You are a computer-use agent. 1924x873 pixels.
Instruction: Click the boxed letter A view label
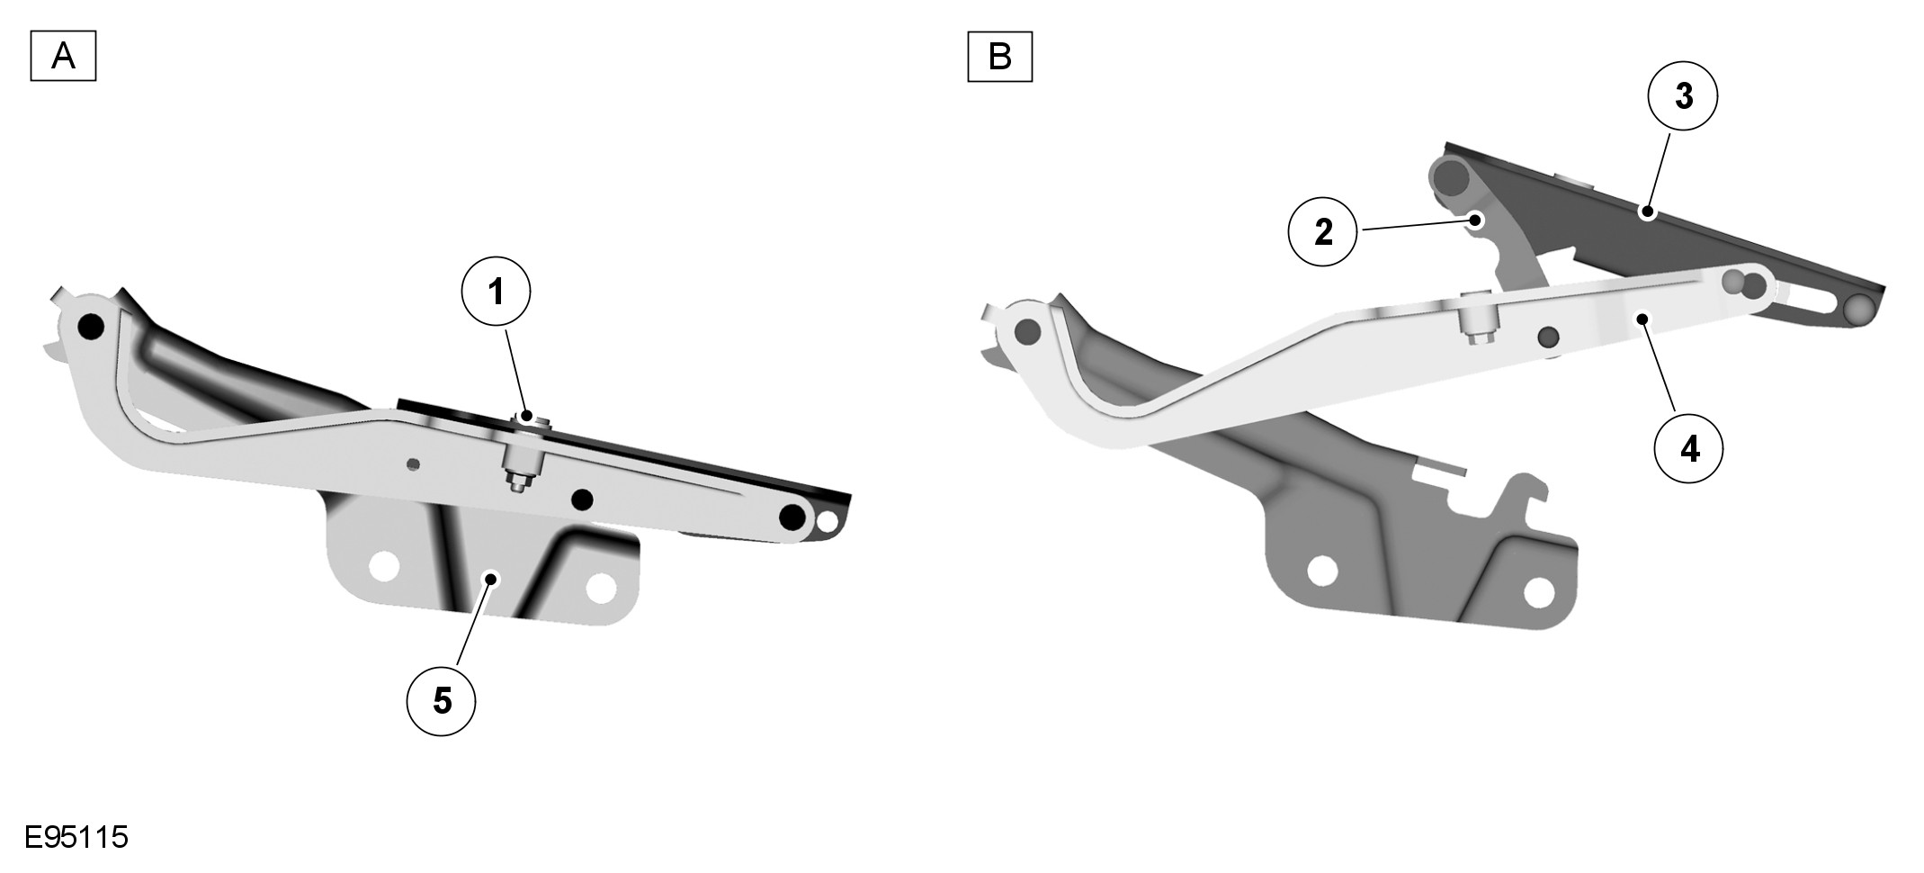point(63,57)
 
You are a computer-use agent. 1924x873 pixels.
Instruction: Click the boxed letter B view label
point(999,57)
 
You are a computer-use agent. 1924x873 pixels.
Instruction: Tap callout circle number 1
point(496,292)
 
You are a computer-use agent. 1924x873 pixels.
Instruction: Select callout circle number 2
point(1323,232)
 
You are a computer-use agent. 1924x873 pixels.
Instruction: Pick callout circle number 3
point(1683,96)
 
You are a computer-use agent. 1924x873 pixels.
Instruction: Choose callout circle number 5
point(442,701)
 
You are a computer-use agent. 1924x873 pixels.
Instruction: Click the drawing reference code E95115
point(76,838)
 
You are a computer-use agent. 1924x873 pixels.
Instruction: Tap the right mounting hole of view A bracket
point(601,588)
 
